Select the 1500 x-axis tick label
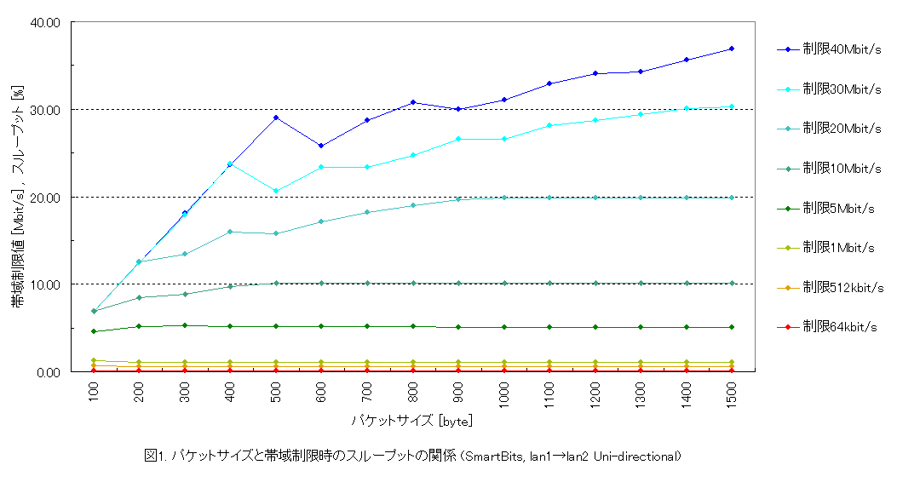click(x=732, y=395)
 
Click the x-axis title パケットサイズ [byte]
click(x=411, y=421)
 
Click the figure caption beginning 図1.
click(x=413, y=456)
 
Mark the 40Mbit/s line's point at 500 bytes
click(x=276, y=118)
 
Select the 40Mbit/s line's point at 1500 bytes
click(x=732, y=49)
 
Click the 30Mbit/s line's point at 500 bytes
click(x=276, y=191)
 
